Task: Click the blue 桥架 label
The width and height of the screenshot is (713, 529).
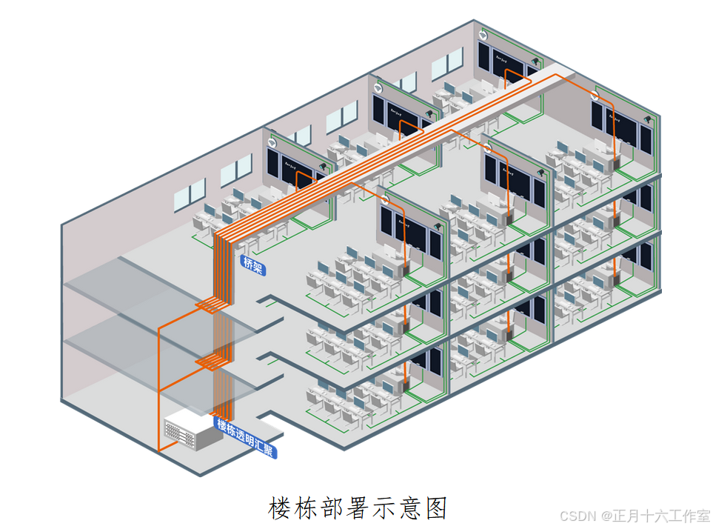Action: [252, 265]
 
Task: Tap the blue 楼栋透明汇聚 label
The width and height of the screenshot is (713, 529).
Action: [245, 438]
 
